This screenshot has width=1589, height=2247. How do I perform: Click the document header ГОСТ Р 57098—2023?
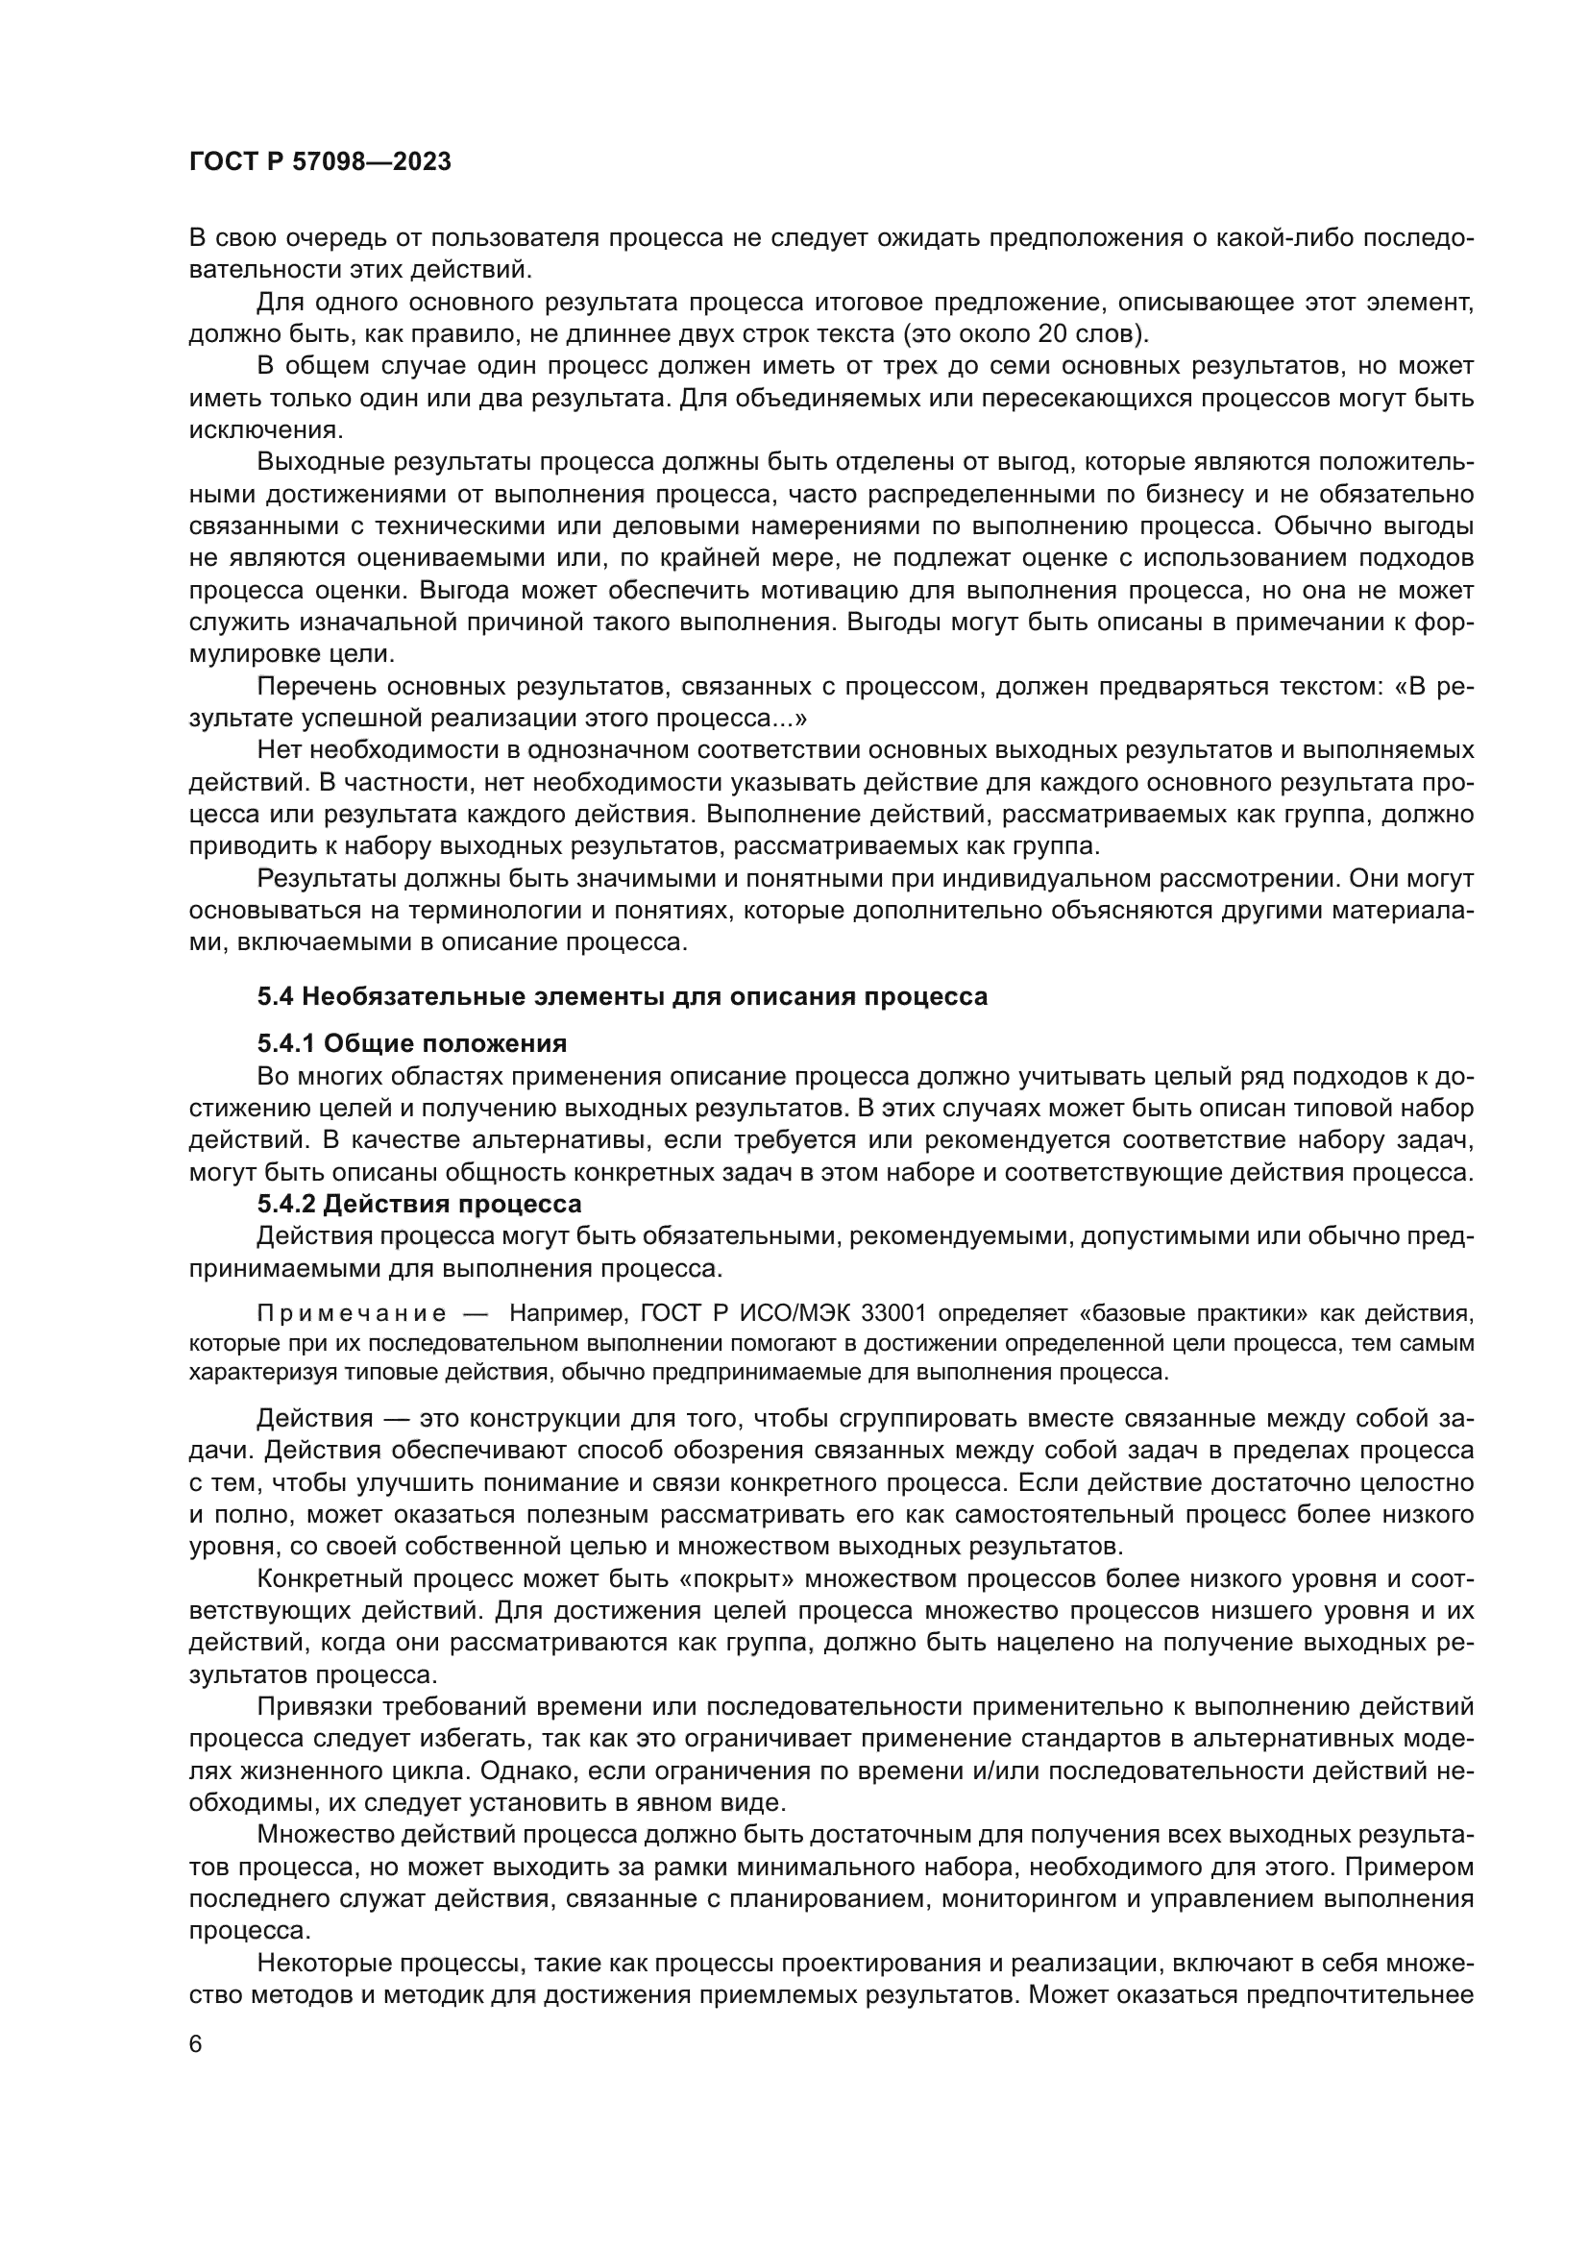[x=320, y=162]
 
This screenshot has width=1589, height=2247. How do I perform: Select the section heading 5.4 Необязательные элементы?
[x=623, y=996]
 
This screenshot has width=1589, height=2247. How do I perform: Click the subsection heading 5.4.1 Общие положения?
[x=412, y=1043]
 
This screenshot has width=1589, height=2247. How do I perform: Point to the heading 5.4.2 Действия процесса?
[x=419, y=1203]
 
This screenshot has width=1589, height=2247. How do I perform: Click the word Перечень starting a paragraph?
[x=315, y=686]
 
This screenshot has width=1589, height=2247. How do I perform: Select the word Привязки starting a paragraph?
[x=313, y=1707]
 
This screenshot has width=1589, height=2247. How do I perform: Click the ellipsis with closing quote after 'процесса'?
[x=790, y=719]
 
